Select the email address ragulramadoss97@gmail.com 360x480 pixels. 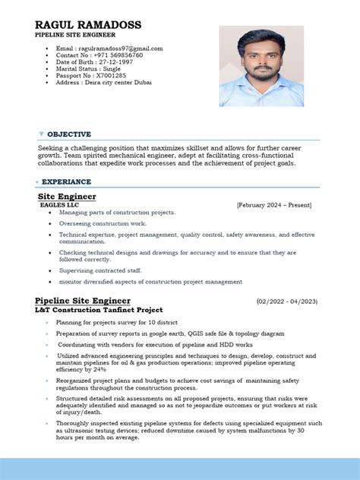tap(109, 49)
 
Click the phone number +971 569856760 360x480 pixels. tap(99, 55)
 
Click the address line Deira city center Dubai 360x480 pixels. tap(103, 82)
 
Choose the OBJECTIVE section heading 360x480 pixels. tap(69, 134)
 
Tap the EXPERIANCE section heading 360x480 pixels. tap(67, 182)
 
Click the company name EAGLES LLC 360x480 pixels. tap(59, 204)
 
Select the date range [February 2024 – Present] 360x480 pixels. tap(273, 204)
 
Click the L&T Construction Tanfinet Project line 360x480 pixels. tap(98, 311)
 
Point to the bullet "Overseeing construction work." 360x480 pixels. tap(103, 223)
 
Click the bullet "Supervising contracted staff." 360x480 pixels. tap(100, 270)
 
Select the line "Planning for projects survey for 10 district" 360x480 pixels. tap(115, 322)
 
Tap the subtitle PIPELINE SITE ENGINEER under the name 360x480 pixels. tap(74, 36)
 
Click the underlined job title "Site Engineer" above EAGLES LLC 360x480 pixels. tap(67, 196)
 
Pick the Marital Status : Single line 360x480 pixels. tap(88, 68)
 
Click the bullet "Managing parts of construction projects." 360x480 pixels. tap(117, 213)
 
